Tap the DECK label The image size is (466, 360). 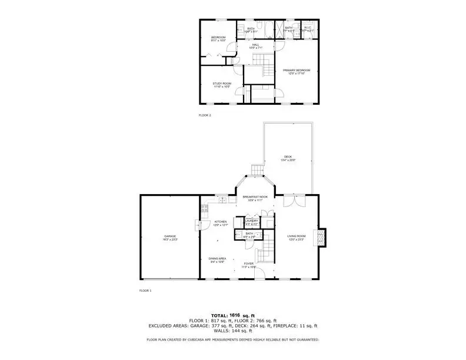point(288,157)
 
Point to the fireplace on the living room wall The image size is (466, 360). point(321,236)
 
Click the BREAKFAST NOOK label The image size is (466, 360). point(255,197)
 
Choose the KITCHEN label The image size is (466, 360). point(220,222)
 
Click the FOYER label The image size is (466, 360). point(249,263)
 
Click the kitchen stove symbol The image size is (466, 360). point(204,208)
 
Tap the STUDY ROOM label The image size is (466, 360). point(222,84)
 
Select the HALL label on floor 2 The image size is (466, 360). point(255,44)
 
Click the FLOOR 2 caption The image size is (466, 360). point(205,115)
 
